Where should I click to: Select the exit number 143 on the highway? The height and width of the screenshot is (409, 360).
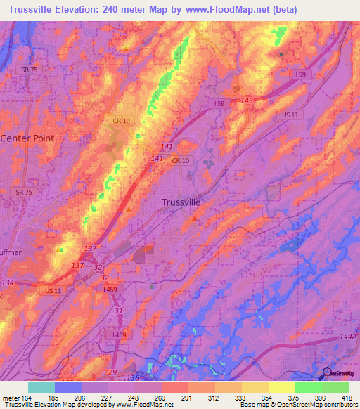tap(246, 101)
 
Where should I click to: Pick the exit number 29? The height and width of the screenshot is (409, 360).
tap(112, 372)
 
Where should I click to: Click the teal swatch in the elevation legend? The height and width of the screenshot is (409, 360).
tap(41, 387)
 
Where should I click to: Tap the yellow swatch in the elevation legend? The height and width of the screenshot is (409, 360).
tap(281, 387)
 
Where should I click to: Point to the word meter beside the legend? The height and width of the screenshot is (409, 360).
tap(10, 397)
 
